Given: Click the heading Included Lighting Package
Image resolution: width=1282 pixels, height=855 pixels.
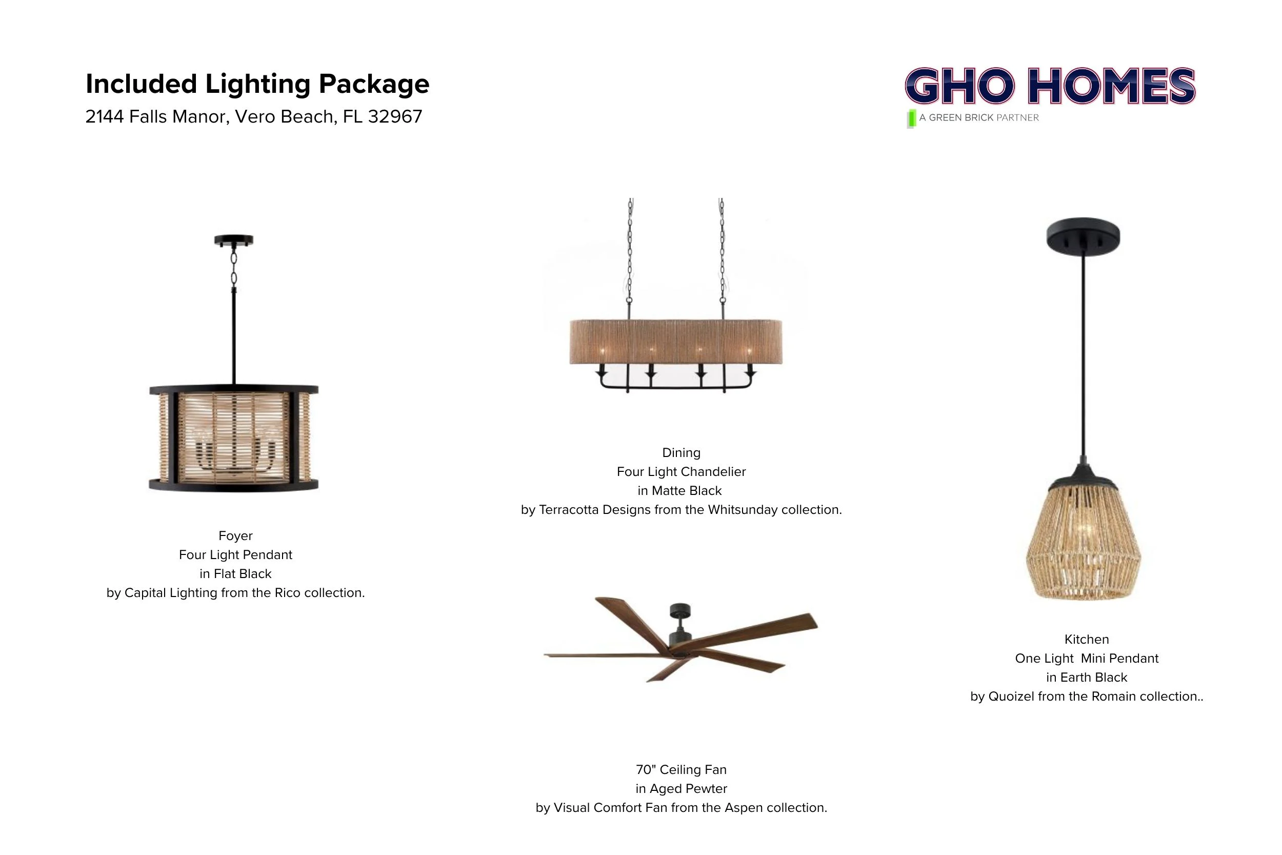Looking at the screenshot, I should point(257,84).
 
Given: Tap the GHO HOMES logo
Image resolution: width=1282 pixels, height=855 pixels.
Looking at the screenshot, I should point(1050,86).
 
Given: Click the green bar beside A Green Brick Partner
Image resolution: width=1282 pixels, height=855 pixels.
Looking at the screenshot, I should point(911,119).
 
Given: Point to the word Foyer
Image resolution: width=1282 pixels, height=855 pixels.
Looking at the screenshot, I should point(235,536).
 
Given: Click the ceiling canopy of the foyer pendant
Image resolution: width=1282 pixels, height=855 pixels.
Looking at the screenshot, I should point(234,240).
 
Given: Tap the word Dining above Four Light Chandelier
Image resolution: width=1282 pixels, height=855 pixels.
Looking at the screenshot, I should point(682,452).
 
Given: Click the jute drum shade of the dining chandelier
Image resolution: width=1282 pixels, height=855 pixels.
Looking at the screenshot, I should point(676,342).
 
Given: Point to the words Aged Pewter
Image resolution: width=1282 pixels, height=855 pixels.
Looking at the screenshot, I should point(688,789).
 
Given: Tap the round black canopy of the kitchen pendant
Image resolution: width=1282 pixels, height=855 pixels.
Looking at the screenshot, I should point(1083,236).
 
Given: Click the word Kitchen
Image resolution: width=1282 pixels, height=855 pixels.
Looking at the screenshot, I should point(1086,640).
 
